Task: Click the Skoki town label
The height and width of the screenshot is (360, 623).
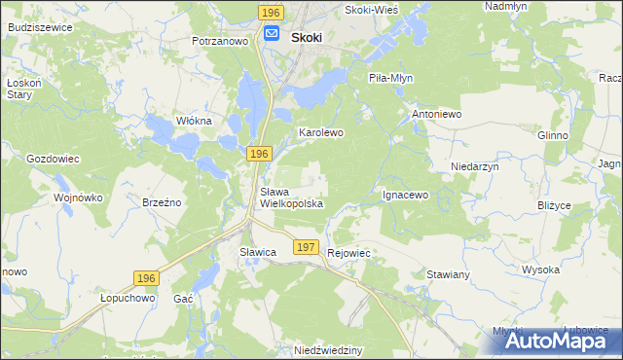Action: (x=307, y=37)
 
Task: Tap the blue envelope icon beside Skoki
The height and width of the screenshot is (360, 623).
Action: (x=272, y=36)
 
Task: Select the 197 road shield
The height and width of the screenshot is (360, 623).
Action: (x=306, y=248)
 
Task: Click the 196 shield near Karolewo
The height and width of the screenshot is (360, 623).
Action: (x=258, y=155)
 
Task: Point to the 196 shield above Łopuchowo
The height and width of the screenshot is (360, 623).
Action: (x=146, y=278)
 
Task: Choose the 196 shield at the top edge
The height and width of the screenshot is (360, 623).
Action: (x=272, y=12)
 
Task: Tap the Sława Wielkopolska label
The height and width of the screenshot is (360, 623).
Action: (x=291, y=198)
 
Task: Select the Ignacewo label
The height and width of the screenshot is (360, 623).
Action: (x=405, y=195)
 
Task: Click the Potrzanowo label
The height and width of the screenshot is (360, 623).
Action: (x=223, y=42)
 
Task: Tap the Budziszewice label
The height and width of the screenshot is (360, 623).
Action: (x=39, y=28)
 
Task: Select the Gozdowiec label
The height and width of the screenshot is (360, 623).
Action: (x=53, y=158)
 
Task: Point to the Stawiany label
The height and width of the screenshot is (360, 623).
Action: (x=449, y=275)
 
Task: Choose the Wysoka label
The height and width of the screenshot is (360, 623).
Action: (x=540, y=270)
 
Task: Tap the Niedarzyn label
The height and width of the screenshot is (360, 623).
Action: (x=475, y=167)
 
